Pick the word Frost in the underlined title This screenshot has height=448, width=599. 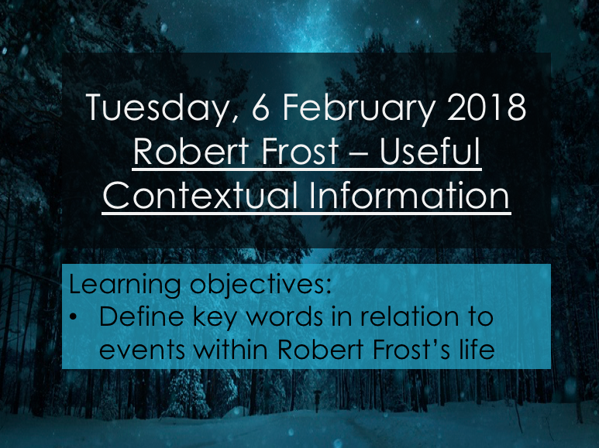pyautogui.click(x=295, y=153)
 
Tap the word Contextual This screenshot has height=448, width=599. pyautogui.click(x=202, y=197)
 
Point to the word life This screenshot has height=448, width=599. pyautogui.click(x=473, y=350)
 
